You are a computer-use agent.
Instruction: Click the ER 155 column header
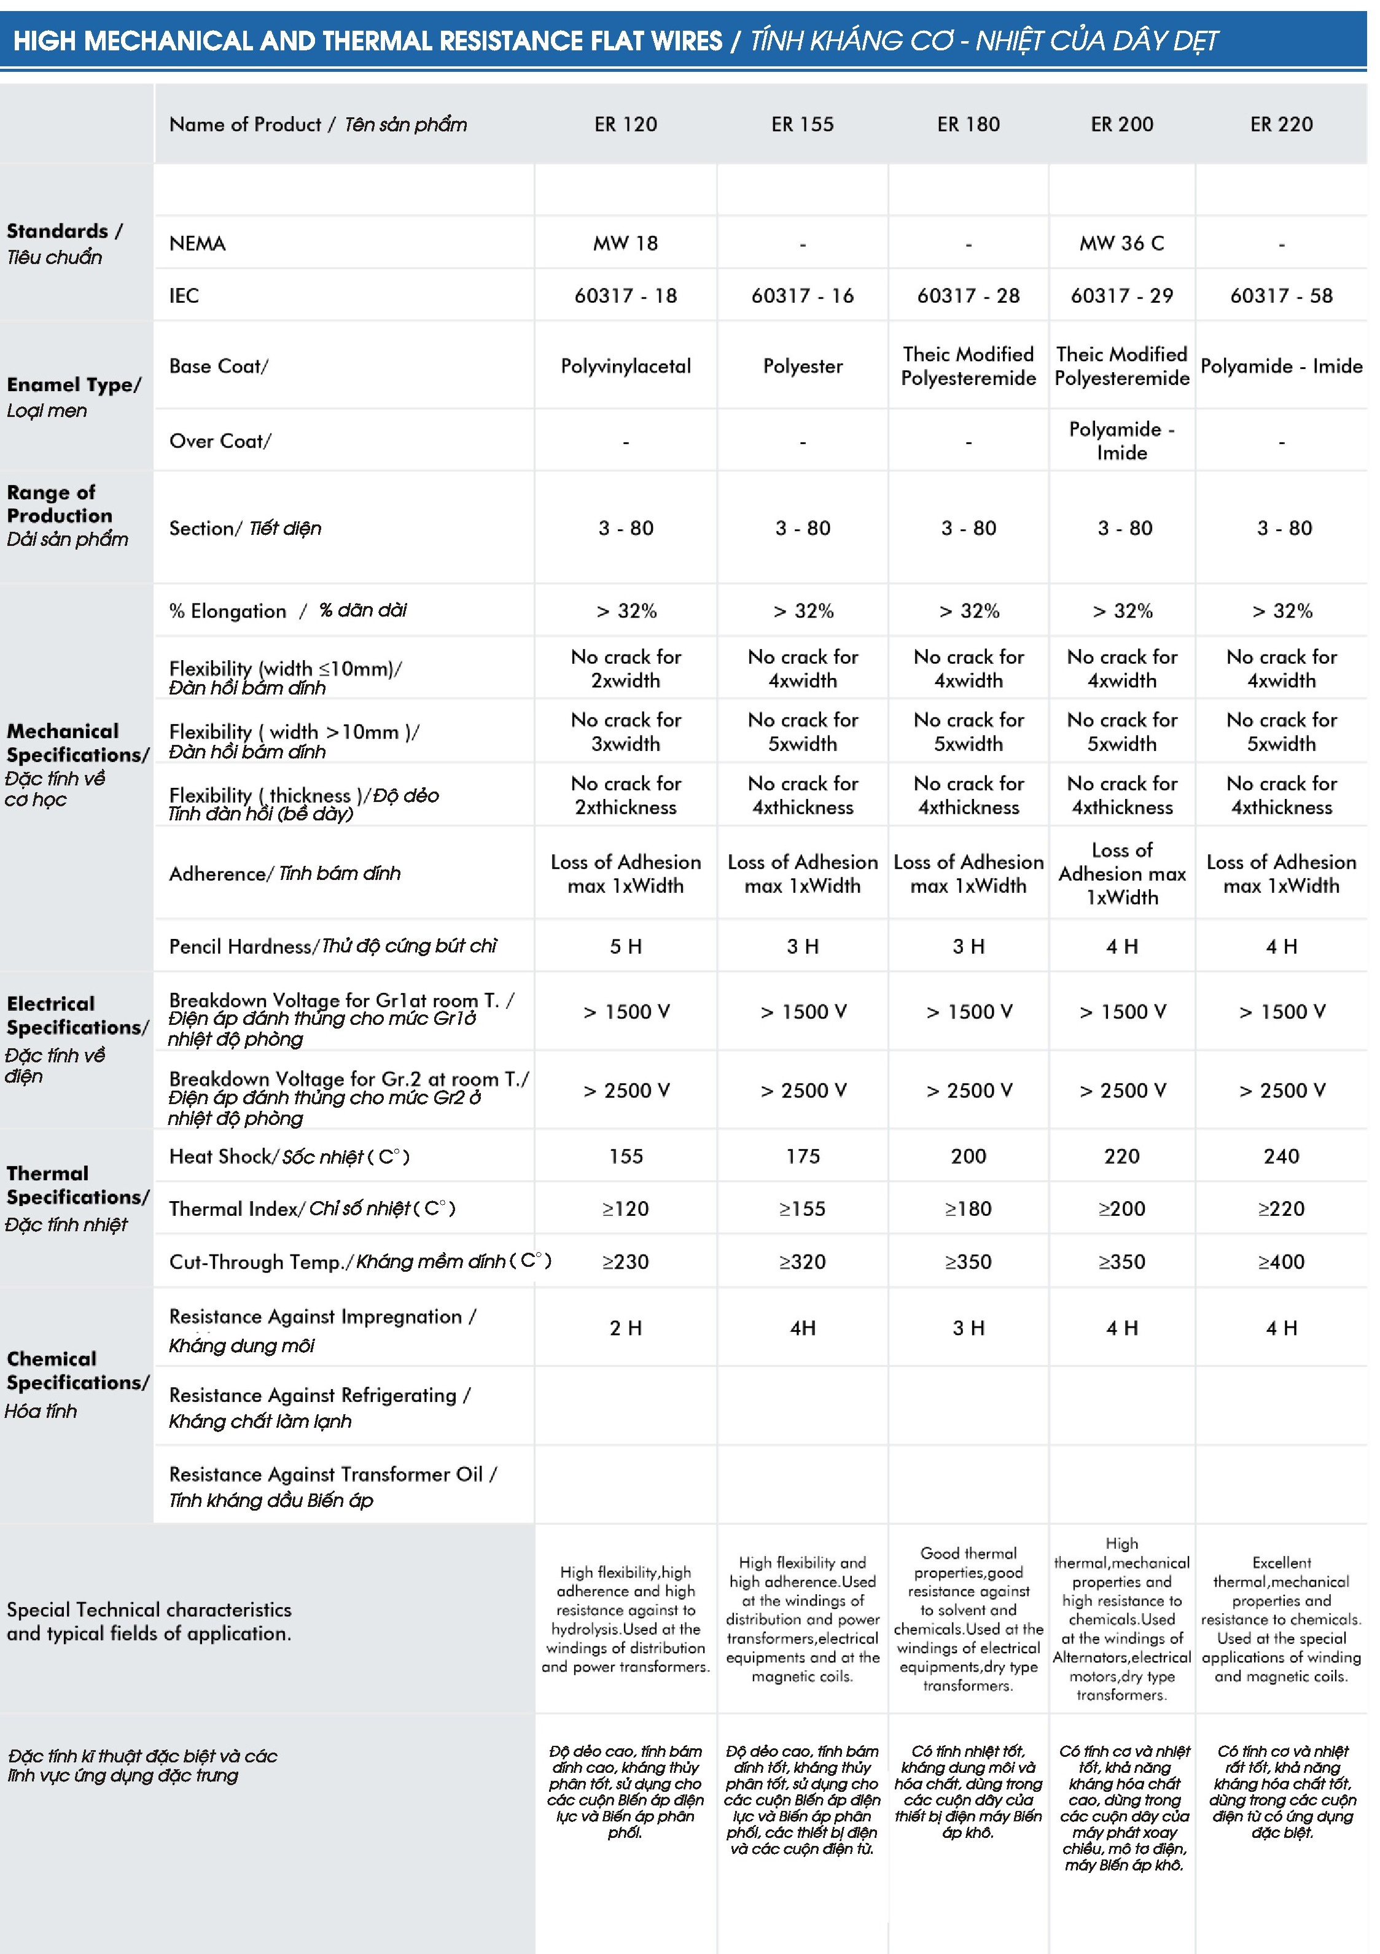802,124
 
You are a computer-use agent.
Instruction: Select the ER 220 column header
1281,124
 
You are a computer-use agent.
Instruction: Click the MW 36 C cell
1121,243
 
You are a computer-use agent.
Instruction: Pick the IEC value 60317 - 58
1281,295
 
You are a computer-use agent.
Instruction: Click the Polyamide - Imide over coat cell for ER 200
1121,441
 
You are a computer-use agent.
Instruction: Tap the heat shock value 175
802,1156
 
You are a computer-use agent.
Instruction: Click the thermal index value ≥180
968,1209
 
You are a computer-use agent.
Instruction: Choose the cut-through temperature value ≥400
1281,1261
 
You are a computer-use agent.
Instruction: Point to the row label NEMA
198,243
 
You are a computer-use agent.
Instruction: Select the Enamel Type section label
73,384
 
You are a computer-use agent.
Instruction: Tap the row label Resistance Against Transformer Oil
332,1475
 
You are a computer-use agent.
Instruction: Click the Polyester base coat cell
802,366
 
